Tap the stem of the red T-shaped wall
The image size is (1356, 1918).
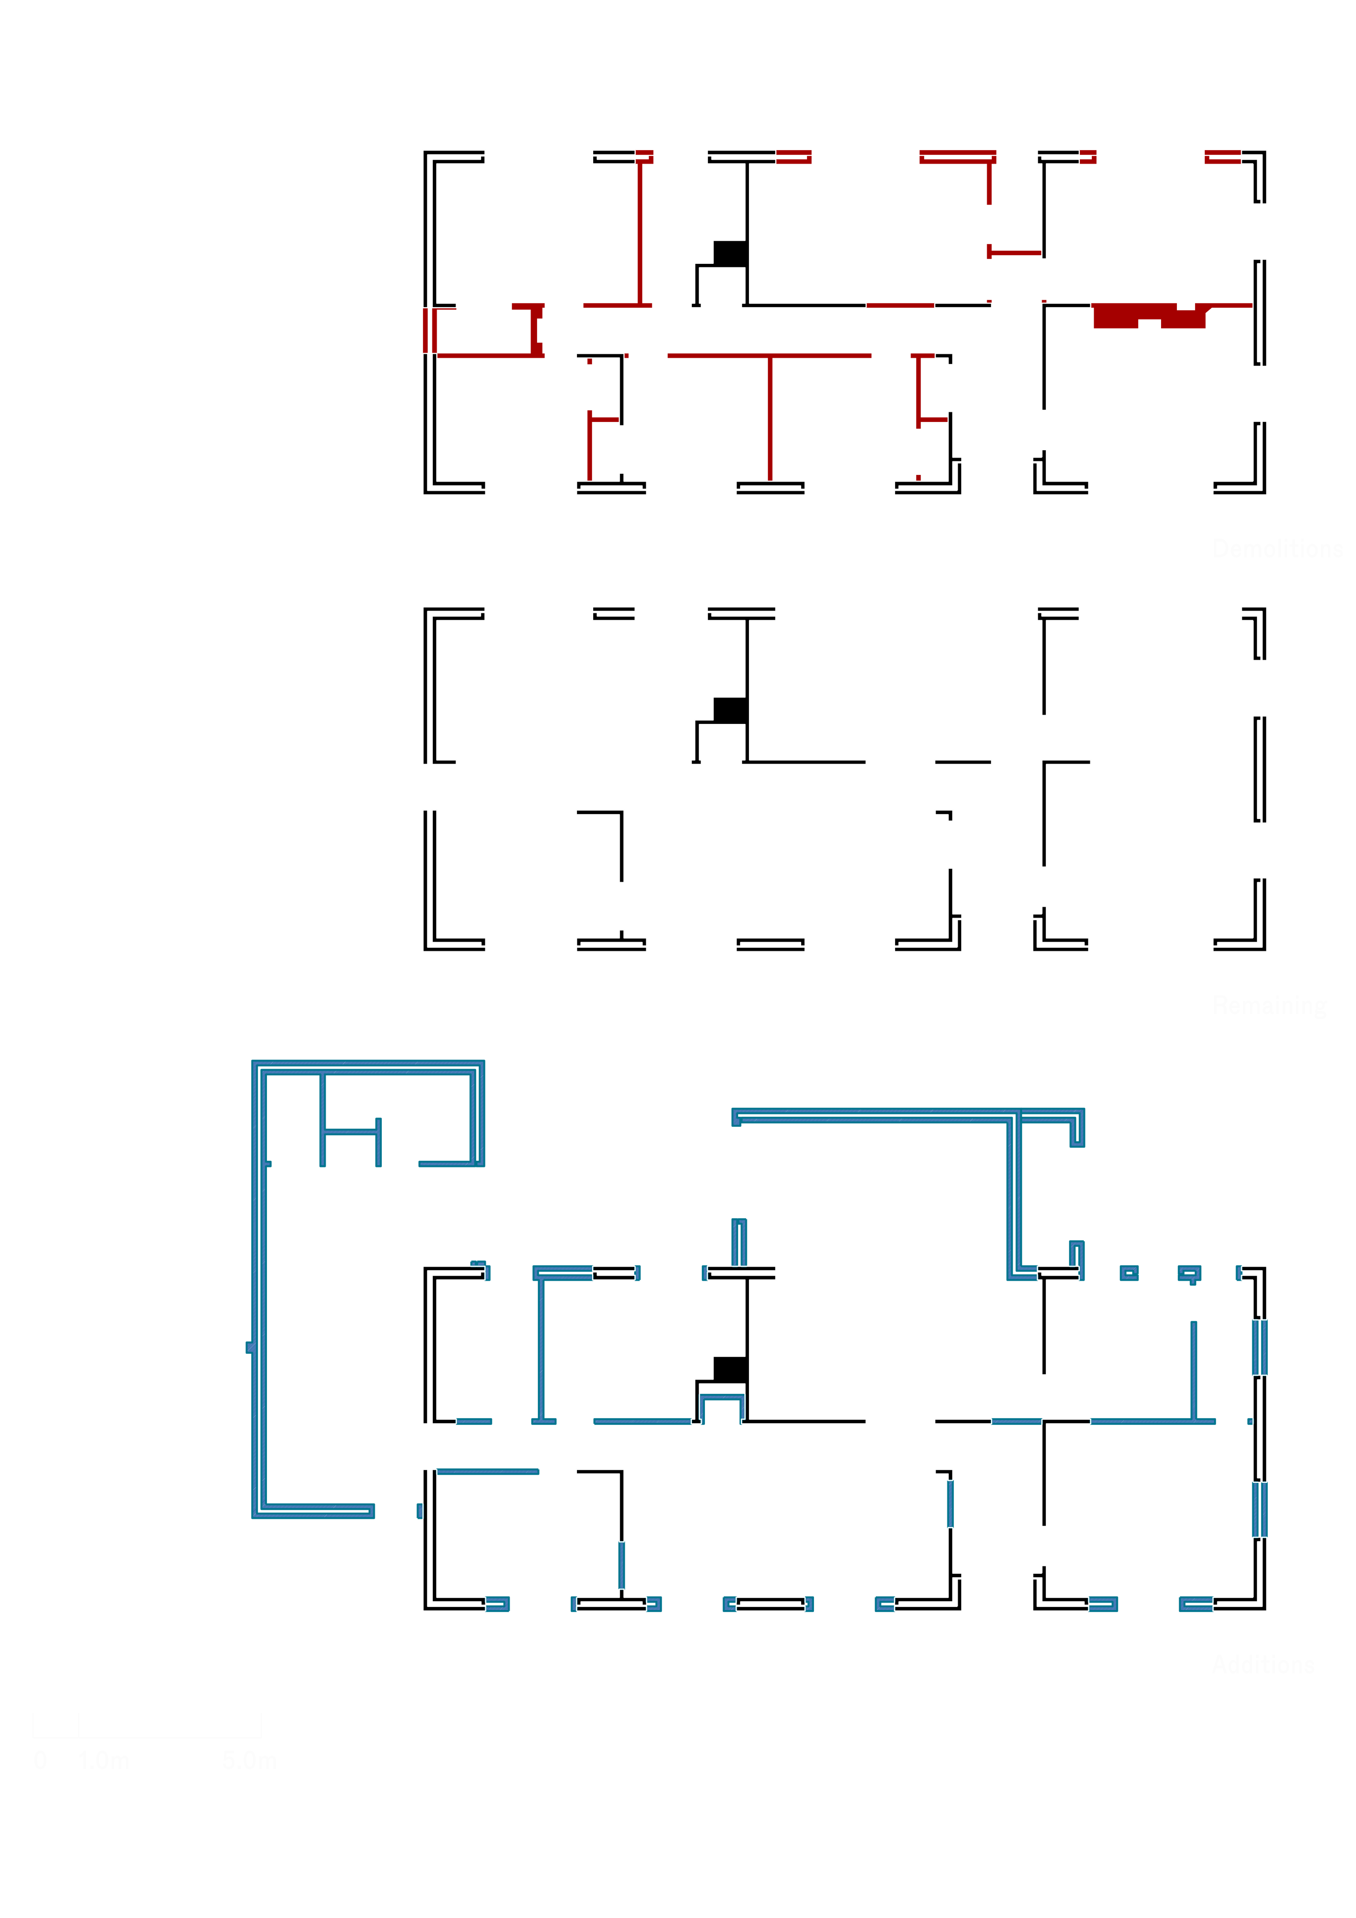769,418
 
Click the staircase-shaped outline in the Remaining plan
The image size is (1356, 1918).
720,718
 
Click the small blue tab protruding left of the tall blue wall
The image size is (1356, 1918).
248,1347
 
